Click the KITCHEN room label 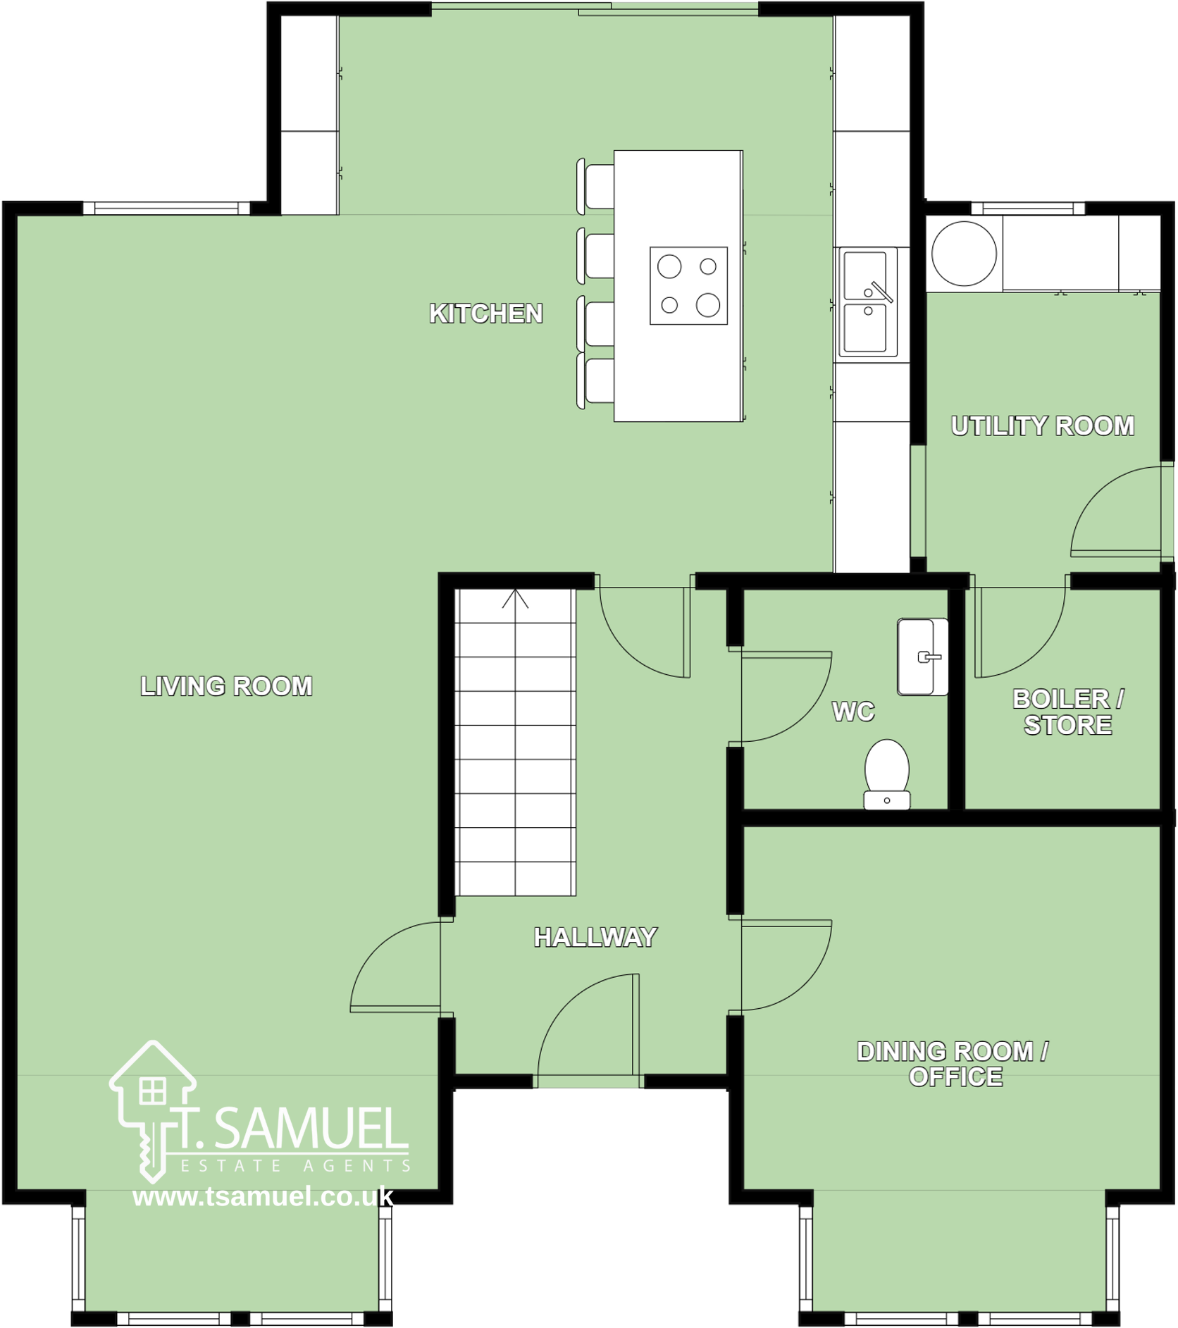point(486,314)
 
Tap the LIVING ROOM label point(226,686)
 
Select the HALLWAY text point(595,937)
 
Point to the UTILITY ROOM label point(1043,426)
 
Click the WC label point(853,712)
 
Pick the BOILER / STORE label point(1068,712)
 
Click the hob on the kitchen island point(688,285)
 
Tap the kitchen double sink point(866,302)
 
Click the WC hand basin point(922,657)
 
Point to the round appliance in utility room point(964,254)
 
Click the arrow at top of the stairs point(515,599)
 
